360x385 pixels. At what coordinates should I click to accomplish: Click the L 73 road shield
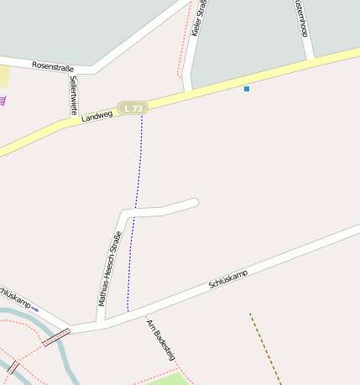pyautogui.click(x=133, y=108)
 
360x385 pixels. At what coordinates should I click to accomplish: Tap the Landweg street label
pyautogui.click(x=97, y=117)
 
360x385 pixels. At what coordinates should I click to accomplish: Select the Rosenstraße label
pyautogui.click(x=54, y=65)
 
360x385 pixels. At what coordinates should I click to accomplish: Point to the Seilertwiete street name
pyautogui.click(x=74, y=95)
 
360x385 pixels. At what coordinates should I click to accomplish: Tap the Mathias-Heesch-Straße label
pyautogui.click(x=110, y=268)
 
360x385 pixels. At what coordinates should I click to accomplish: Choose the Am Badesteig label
pyautogui.click(x=160, y=340)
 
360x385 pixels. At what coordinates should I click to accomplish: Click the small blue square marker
pyautogui.click(x=247, y=88)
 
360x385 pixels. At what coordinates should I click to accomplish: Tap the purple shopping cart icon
pyautogui.click(x=3, y=101)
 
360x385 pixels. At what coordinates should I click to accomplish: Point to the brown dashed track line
pyautogui.click(x=264, y=348)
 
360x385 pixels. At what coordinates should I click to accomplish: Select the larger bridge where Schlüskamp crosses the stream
pyautogui.click(x=56, y=337)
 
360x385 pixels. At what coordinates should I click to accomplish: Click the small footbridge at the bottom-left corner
pyautogui.click(x=13, y=367)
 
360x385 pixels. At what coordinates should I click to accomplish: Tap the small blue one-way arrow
pyautogui.click(x=34, y=310)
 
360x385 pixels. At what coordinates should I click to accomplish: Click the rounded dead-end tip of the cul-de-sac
pyautogui.click(x=195, y=202)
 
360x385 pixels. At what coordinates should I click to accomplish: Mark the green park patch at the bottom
pyautogui.click(x=168, y=378)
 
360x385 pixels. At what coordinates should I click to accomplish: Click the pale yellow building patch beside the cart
pyautogui.click(x=3, y=76)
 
